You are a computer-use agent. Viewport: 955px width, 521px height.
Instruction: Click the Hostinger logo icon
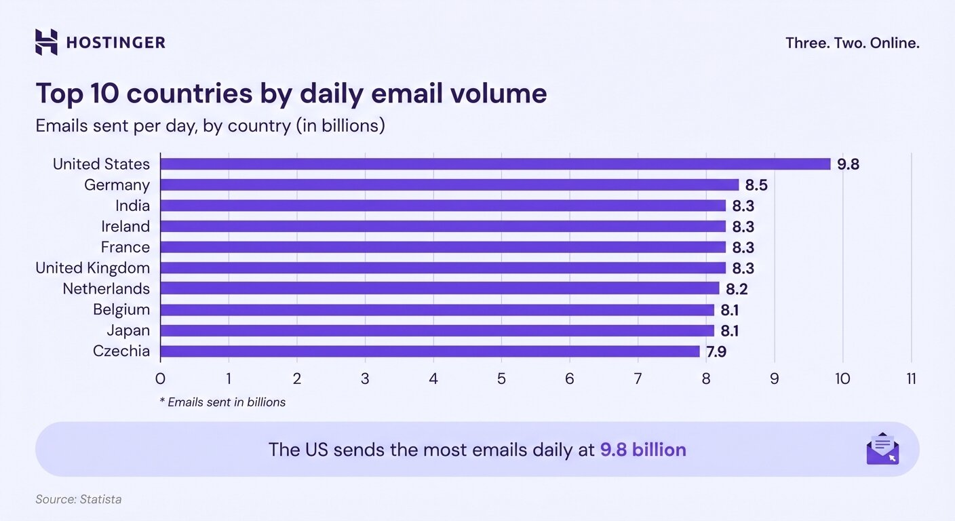click(46, 42)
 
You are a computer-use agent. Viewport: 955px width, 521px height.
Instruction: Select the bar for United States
click(495, 164)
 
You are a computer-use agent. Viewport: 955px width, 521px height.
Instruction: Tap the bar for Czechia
click(429, 351)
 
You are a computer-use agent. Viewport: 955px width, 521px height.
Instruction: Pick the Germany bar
click(449, 185)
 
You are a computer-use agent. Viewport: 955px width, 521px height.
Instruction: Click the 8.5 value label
click(756, 185)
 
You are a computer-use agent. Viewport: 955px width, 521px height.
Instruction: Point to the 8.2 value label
click(737, 288)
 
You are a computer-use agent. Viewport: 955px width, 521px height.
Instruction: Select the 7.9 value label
click(717, 351)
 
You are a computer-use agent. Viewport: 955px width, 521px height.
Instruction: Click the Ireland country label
click(125, 226)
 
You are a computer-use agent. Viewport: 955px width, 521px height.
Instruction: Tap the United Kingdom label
click(92, 268)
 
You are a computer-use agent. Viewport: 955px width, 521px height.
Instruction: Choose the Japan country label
click(128, 330)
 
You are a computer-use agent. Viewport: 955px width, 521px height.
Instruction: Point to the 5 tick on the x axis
click(501, 379)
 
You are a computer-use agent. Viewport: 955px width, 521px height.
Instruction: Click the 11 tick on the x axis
click(911, 379)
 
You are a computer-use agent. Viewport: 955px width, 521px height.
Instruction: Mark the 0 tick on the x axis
click(161, 379)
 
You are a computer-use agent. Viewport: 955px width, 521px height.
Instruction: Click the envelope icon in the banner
click(882, 448)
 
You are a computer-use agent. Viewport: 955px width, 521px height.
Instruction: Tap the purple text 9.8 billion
click(643, 450)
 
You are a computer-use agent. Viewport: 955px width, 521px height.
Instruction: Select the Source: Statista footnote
click(79, 499)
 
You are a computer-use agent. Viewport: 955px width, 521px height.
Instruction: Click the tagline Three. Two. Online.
click(852, 43)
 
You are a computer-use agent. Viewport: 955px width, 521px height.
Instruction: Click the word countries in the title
click(188, 94)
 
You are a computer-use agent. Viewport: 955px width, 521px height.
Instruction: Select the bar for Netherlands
click(440, 288)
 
